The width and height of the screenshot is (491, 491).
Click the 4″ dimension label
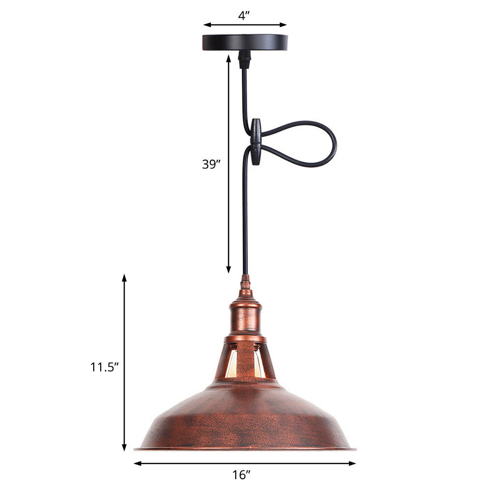click(x=245, y=15)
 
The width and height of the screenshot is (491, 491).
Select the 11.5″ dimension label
click(x=105, y=367)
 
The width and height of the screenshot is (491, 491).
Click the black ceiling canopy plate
click(x=245, y=42)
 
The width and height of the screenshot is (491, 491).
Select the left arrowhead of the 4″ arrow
click(x=207, y=25)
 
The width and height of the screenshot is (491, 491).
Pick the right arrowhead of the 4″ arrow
click(x=283, y=25)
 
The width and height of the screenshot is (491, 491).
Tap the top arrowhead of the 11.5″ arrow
click(x=124, y=278)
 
